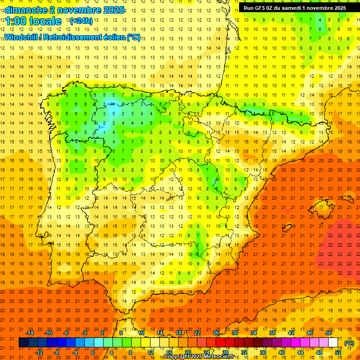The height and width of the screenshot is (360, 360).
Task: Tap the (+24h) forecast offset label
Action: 81,21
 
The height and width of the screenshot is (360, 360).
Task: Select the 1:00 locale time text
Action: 33,21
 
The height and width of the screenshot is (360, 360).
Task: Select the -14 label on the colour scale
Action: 30,332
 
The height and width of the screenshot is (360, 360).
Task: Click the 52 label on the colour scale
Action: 338,352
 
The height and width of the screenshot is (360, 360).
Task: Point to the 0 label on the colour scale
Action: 93,352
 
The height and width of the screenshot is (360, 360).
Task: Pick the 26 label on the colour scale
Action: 216,332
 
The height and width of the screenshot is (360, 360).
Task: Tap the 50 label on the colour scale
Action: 328,332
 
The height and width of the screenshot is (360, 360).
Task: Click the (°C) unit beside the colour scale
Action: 349,343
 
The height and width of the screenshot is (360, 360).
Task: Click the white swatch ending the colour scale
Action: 333,343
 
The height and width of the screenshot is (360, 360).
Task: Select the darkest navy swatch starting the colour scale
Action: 23,343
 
